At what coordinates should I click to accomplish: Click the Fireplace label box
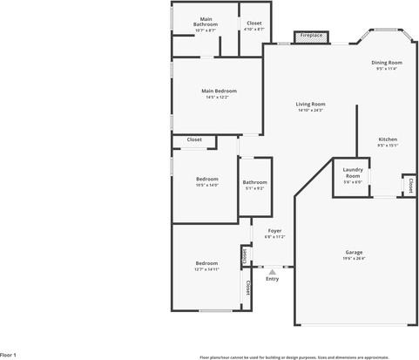coord(311,37)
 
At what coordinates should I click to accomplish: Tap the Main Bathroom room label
coord(206,21)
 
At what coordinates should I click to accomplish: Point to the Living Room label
coord(310,104)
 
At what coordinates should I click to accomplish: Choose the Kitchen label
coord(388,139)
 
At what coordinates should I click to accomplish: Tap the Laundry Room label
coord(353,172)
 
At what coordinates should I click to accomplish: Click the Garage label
coord(353,252)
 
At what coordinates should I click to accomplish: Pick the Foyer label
coord(274,230)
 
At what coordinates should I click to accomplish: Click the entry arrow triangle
coord(273,272)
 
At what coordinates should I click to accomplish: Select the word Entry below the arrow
coord(273,279)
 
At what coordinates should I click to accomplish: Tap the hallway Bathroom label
coord(255,181)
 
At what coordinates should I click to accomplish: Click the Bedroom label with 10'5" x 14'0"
coord(206,179)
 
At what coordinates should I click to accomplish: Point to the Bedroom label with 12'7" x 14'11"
coord(206,263)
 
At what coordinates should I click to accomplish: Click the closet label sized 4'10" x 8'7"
coord(254,24)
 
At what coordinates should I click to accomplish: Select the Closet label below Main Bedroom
coord(194,139)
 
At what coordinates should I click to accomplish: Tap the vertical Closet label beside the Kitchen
coord(409,186)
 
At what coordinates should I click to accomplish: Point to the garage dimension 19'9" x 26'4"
coord(353,258)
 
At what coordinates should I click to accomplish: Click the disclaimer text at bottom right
coord(307,357)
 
